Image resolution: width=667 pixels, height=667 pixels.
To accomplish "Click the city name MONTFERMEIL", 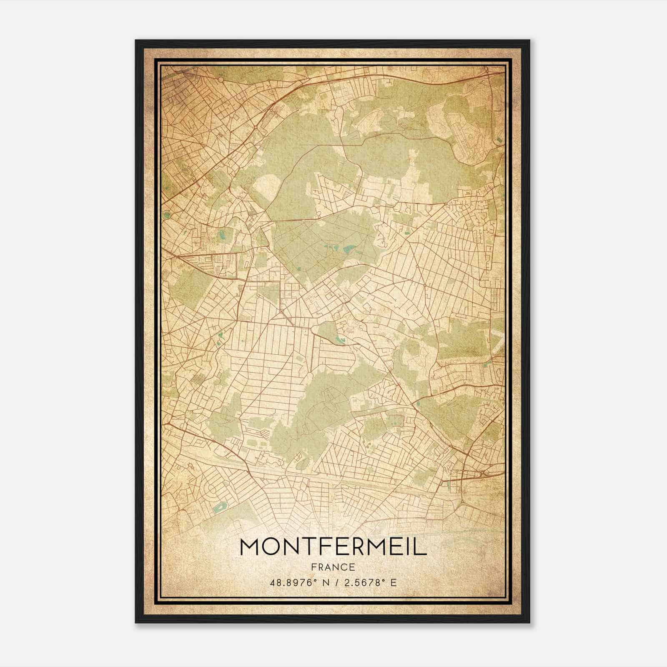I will click(333, 547).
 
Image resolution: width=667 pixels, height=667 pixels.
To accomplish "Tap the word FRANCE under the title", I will click(333, 567).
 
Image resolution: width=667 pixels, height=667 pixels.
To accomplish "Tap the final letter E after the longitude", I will click(394, 582).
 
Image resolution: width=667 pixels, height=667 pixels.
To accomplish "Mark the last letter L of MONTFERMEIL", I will click(422, 547).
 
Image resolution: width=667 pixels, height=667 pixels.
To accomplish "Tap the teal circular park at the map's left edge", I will click(167, 216).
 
